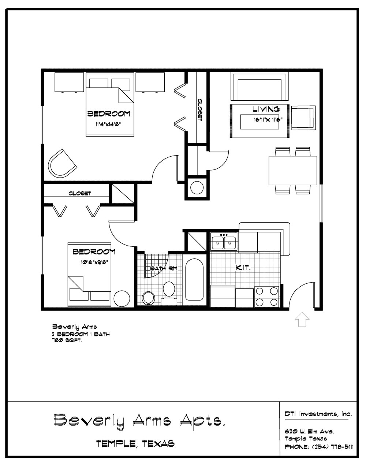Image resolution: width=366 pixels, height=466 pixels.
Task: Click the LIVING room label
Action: [266, 109]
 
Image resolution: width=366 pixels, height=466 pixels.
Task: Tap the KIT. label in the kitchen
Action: [243, 268]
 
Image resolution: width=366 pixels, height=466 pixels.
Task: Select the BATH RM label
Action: [164, 268]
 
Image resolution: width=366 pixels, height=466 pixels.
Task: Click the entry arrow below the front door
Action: [302, 319]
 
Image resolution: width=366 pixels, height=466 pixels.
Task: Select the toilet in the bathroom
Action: [169, 293]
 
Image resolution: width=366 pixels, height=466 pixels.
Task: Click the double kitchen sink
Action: [224, 242]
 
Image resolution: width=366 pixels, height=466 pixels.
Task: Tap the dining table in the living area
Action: [293, 171]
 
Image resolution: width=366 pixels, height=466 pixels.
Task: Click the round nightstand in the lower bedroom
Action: [122, 299]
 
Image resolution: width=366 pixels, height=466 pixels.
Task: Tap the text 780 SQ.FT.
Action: [67, 341]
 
